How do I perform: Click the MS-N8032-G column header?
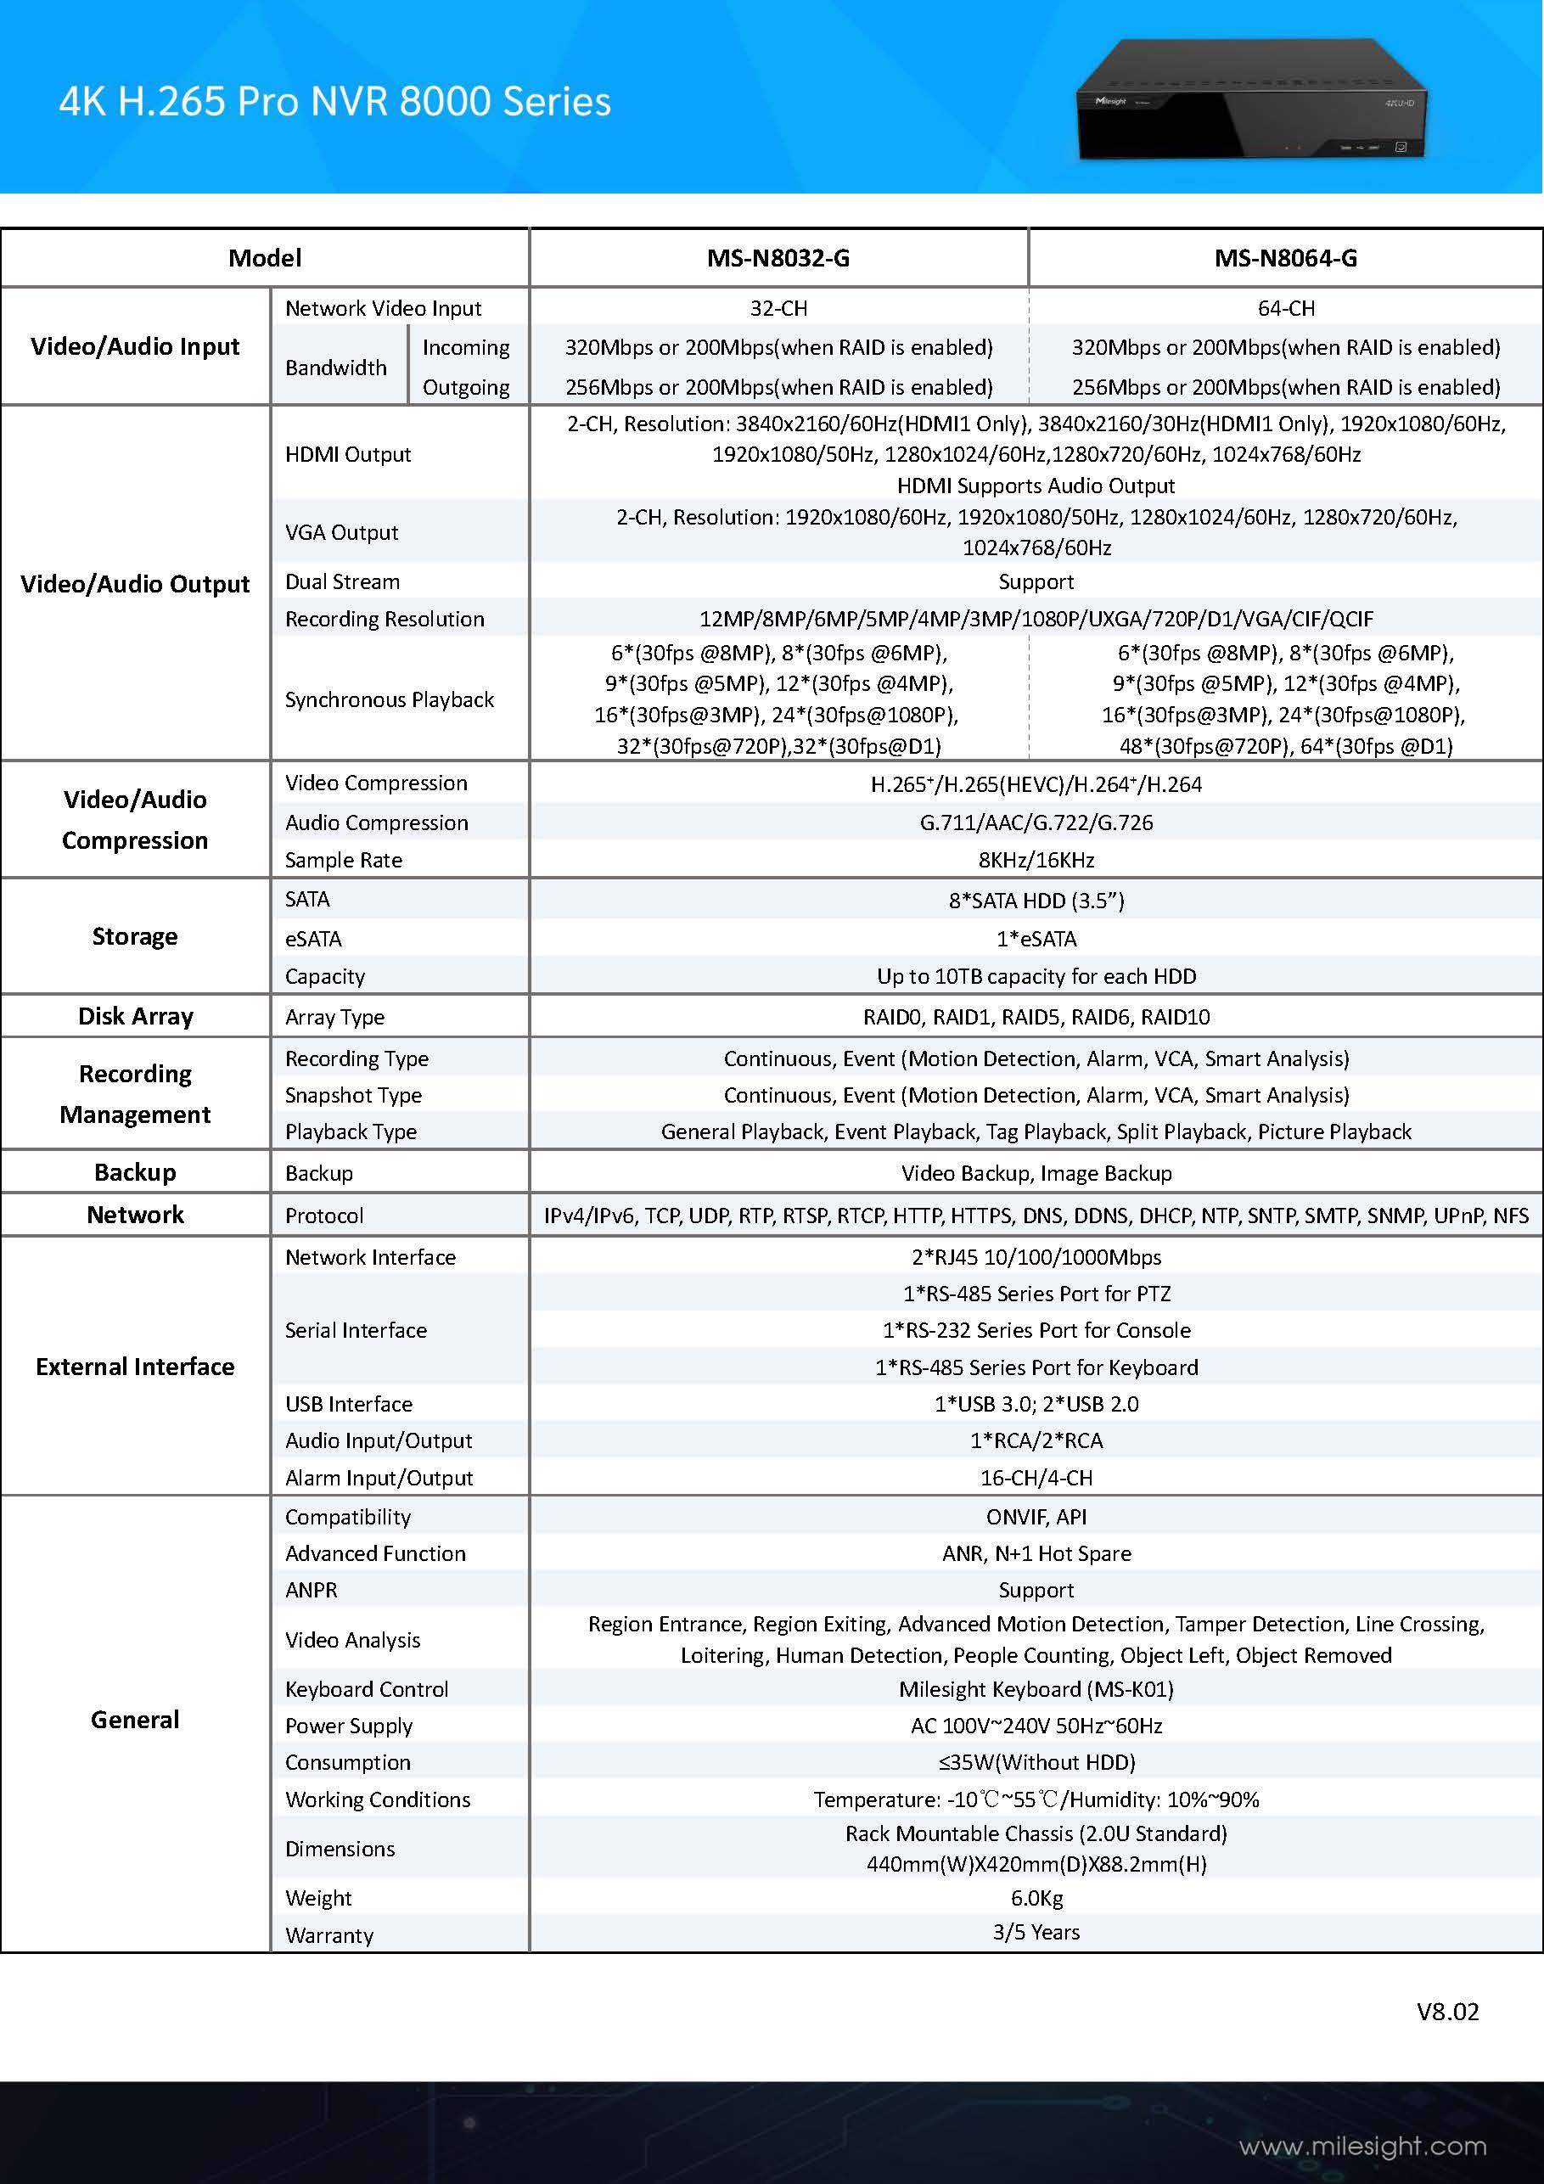tap(778, 258)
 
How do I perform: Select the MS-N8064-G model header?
tap(1285, 258)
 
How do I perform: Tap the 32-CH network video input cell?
tap(778, 308)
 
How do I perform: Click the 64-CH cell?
tap(1285, 308)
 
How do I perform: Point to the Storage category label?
tap(135, 937)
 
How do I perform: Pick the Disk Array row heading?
tap(135, 1016)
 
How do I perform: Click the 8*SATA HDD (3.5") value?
tap(1036, 900)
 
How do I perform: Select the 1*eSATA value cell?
tap(1036, 939)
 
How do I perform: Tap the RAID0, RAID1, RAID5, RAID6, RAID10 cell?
tap(1036, 1017)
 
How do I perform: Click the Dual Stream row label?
tap(342, 581)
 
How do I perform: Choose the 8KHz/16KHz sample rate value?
tap(1036, 860)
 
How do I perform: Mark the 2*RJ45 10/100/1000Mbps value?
tap(1036, 1256)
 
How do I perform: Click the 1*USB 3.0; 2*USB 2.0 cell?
tap(1036, 1404)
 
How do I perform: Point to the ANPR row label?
tap(311, 1590)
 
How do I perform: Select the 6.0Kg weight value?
tap(1036, 1898)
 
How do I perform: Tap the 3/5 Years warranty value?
tap(1036, 1932)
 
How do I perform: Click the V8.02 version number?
tap(1447, 2012)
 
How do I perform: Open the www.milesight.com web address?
tap(1362, 2147)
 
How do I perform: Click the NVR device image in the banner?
tap(1251, 100)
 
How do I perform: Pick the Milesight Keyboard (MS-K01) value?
tap(1036, 1689)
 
